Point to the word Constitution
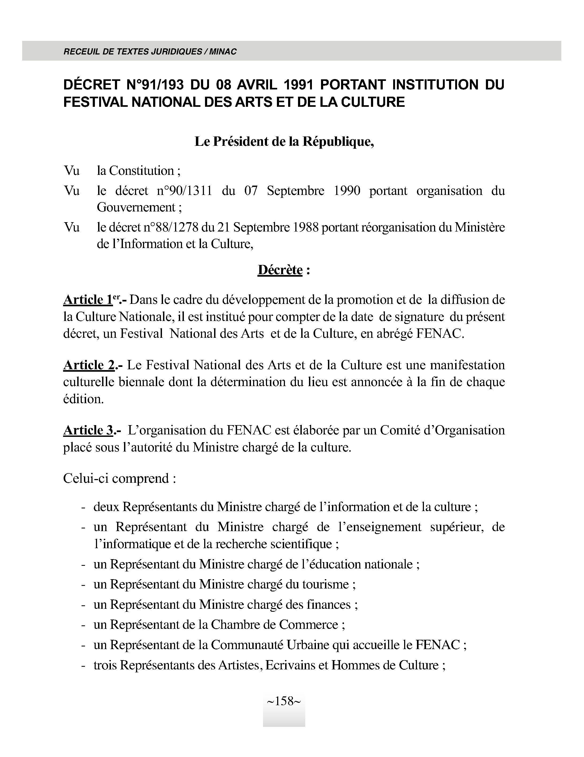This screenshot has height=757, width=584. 135,171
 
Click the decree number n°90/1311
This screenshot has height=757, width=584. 184,191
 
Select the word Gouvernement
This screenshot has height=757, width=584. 136,207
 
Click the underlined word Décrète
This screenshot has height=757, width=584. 280,270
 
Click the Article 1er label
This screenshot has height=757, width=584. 91,300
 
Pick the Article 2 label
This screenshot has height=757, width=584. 89,365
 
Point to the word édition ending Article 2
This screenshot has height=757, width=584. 83,399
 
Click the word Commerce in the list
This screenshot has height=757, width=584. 308,625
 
